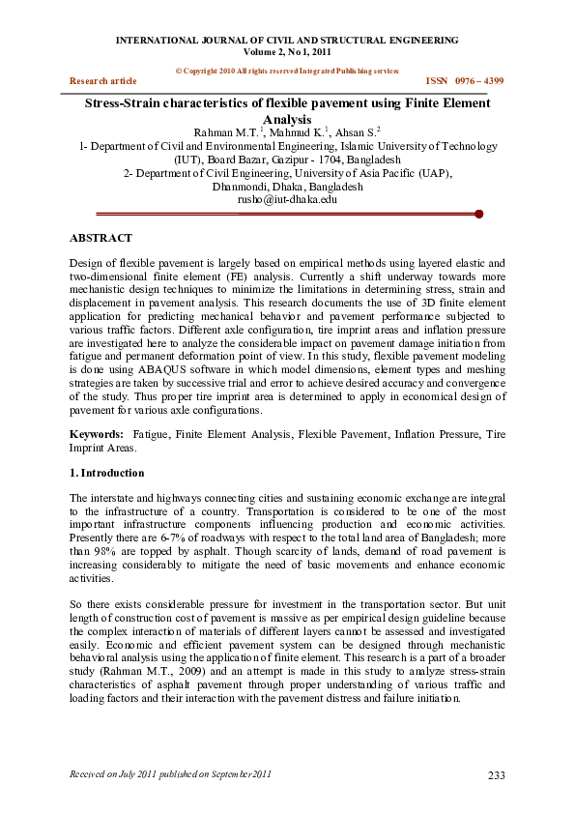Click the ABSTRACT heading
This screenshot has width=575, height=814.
click(x=101, y=237)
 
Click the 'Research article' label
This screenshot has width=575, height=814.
click(x=103, y=81)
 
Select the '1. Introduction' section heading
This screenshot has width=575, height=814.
click(x=107, y=473)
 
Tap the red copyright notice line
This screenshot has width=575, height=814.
click(x=287, y=72)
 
